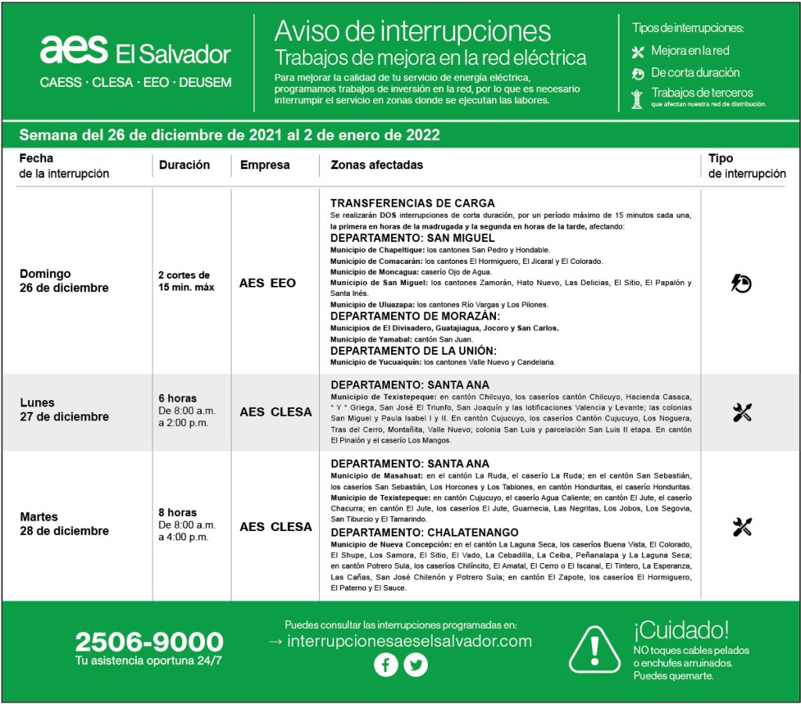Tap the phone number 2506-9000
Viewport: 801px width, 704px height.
[149, 642]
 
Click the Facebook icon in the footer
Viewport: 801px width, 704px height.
[386, 666]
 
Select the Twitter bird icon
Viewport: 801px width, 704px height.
[416, 666]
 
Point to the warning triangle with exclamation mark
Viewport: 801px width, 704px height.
[594, 649]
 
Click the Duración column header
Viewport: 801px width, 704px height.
[185, 165]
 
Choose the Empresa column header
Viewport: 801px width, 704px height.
[264, 165]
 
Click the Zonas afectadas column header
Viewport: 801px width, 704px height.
[377, 165]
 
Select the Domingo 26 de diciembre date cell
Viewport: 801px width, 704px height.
[64, 281]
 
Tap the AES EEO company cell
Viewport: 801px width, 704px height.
[268, 283]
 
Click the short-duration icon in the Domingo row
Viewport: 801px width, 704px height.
[741, 283]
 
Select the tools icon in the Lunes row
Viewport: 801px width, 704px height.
[742, 412]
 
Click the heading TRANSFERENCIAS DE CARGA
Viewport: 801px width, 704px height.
[412, 204]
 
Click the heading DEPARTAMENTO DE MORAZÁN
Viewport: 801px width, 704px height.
[415, 316]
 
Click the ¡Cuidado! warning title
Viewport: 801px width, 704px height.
[681, 629]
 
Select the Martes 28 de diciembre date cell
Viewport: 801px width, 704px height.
[64, 524]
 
